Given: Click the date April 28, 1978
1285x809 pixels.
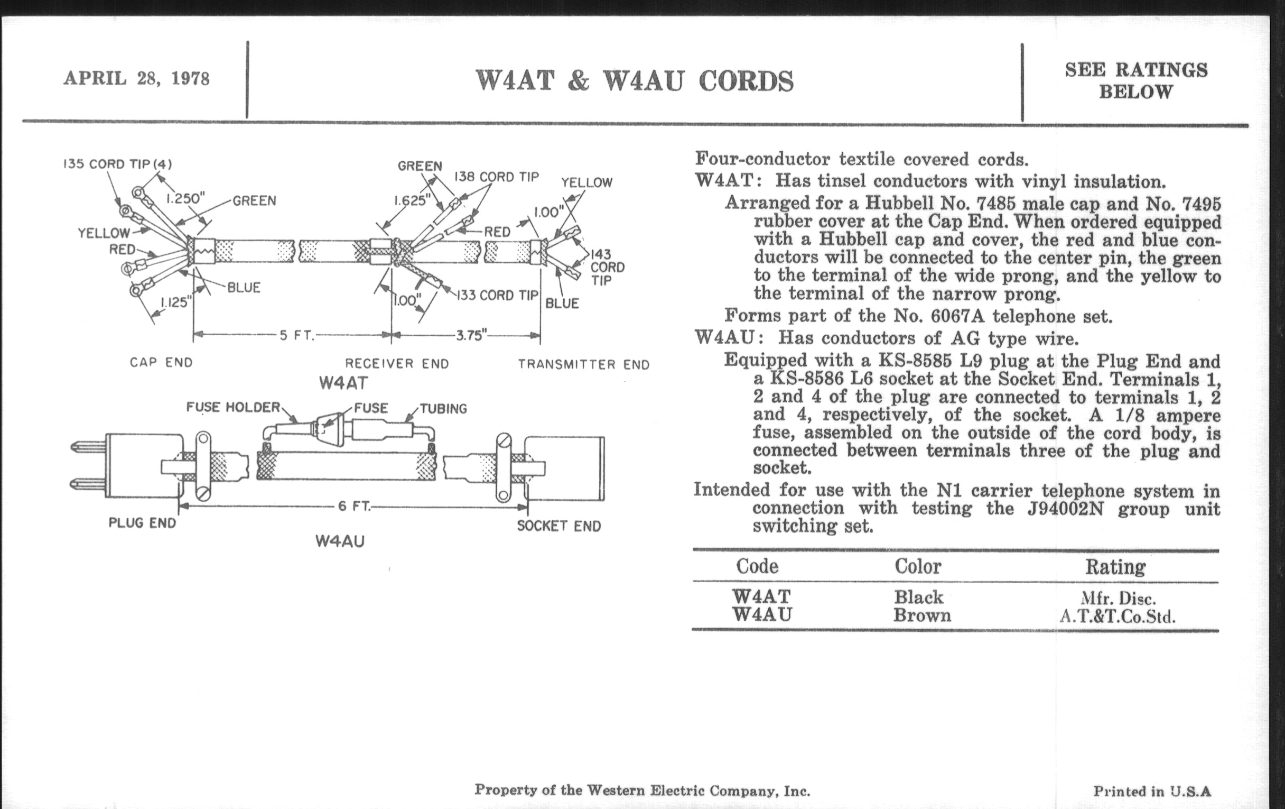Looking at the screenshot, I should [x=137, y=78].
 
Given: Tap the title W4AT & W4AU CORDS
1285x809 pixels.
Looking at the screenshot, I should [x=634, y=82].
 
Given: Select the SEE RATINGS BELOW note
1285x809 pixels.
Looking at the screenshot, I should [x=1135, y=80].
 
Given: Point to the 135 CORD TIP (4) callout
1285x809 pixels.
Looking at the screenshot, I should [x=117, y=164].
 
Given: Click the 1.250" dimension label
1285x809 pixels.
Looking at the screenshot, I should [x=185, y=199].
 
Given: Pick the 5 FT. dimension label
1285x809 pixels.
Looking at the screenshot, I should [x=297, y=336].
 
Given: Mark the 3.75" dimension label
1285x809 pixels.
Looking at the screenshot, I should [x=472, y=336].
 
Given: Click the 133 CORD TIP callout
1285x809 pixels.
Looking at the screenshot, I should [x=497, y=295].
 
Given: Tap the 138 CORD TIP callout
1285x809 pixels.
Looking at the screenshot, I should [x=496, y=177].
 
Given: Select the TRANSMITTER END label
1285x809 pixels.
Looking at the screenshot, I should [x=584, y=365].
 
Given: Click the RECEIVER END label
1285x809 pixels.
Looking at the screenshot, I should [x=397, y=364].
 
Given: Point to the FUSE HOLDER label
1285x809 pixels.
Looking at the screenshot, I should [x=233, y=408].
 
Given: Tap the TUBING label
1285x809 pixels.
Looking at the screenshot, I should [x=443, y=409].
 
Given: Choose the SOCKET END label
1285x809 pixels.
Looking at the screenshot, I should [x=558, y=526].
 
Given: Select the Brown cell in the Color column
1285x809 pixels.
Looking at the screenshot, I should [x=922, y=615].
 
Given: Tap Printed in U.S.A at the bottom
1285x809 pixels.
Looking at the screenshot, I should [x=1152, y=791].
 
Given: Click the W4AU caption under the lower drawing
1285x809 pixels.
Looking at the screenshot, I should [x=340, y=541].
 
